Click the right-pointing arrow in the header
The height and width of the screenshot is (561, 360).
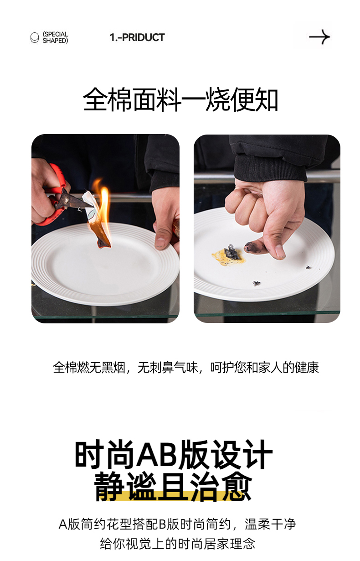[319, 37]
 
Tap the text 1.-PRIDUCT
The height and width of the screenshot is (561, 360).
[137, 37]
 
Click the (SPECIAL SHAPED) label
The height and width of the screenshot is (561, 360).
[55, 37]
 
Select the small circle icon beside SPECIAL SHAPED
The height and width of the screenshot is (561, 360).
[35, 37]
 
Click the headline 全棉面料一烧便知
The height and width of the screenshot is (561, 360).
[180, 99]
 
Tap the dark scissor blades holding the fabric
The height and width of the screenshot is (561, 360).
[72, 200]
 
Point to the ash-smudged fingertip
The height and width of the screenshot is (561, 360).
[252, 248]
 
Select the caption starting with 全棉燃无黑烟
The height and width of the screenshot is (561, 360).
[186, 368]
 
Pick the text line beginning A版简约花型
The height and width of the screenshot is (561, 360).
[177, 524]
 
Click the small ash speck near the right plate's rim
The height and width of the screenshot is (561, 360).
[309, 267]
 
